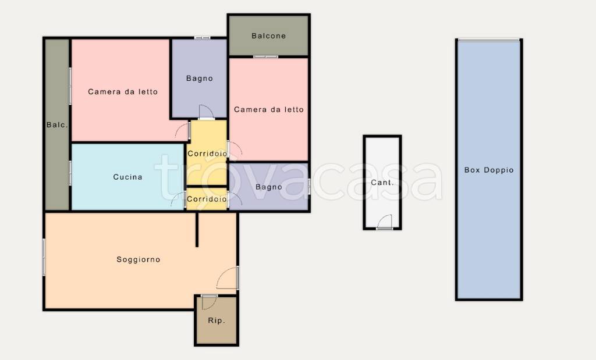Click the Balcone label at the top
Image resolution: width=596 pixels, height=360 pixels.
(x=268, y=36)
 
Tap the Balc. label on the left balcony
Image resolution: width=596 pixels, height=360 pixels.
(x=57, y=124)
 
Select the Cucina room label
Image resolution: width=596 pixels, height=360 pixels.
(x=127, y=177)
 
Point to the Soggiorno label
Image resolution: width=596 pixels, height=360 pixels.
(x=139, y=260)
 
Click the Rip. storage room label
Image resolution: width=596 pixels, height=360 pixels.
(x=217, y=321)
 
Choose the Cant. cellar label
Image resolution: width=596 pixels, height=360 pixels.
(x=382, y=183)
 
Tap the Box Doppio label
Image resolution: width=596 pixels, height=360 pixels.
(x=489, y=170)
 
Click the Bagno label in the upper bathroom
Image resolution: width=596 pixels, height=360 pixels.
(x=199, y=79)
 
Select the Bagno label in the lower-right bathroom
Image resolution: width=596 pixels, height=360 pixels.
(x=269, y=187)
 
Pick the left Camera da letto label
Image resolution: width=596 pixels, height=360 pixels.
(x=123, y=91)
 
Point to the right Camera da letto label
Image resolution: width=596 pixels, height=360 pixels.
(x=269, y=110)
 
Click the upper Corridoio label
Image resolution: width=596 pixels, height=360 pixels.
(x=207, y=154)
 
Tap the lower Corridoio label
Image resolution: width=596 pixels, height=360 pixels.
(x=207, y=199)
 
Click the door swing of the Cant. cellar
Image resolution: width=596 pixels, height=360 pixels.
(x=385, y=222)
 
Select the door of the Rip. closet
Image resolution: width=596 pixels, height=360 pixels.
(x=209, y=302)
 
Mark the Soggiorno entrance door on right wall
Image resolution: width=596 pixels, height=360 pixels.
(x=228, y=278)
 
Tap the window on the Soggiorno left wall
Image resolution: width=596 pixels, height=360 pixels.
(x=44, y=257)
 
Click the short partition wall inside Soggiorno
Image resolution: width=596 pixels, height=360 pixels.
(x=197, y=229)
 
